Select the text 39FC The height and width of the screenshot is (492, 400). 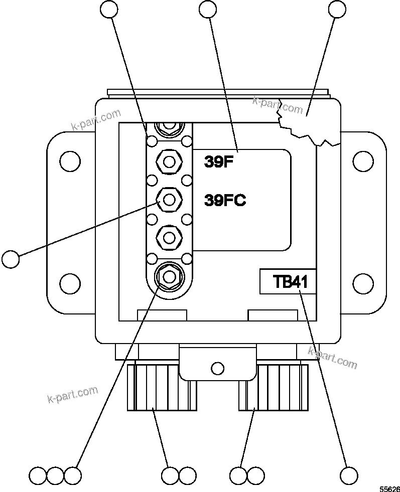coord(225,200)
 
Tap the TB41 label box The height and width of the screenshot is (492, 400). coord(288,281)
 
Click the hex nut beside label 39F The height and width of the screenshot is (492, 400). coord(169,161)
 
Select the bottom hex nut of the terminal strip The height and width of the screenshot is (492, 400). coord(169,275)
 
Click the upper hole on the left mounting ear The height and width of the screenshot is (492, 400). coord(69,161)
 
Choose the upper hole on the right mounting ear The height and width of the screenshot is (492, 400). coord(363,161)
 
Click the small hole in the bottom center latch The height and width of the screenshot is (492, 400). coord(217,369)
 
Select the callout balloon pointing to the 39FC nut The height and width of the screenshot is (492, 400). coord(11,259)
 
